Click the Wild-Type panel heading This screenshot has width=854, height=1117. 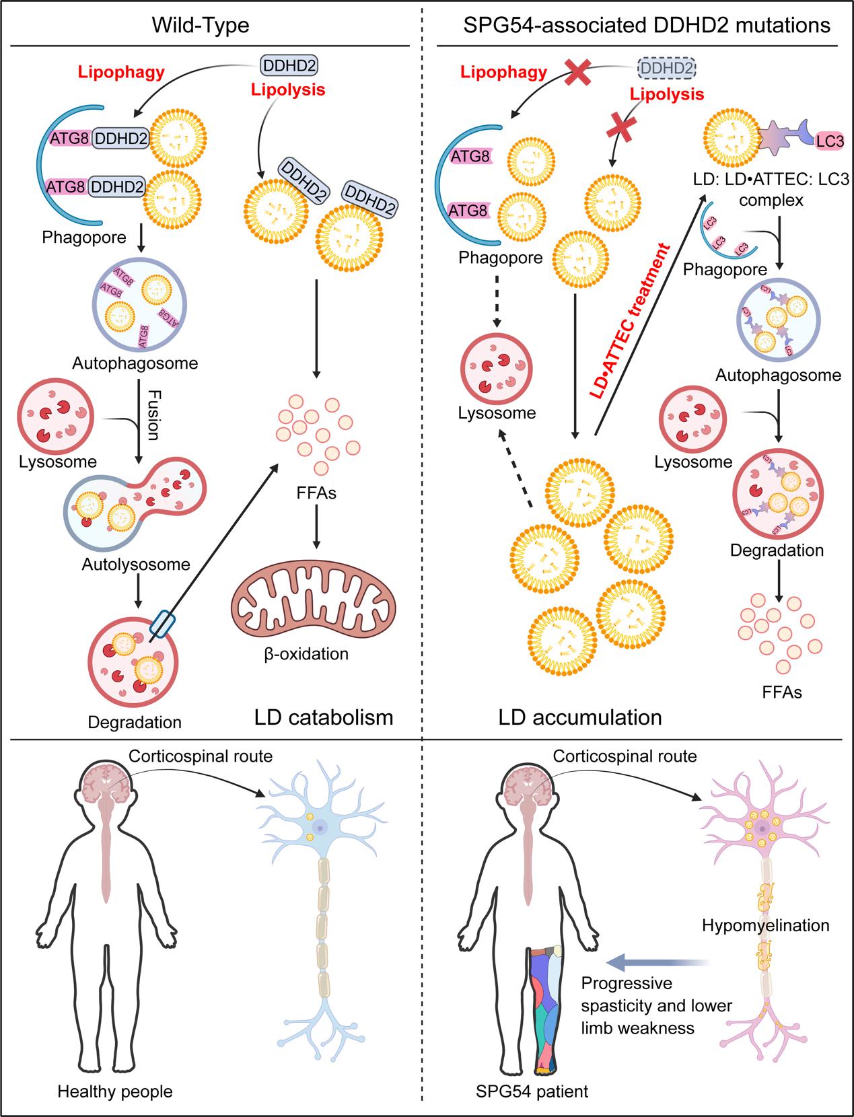click(201, 26)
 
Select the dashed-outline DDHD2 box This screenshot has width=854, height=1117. click(666, 69)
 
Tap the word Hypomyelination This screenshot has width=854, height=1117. click(765, 925)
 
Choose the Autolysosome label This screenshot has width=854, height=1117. click(136, 564)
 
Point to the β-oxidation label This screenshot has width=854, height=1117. click(306, 653)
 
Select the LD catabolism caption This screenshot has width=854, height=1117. click(324, 717)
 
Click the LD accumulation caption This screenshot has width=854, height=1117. click(580, 717)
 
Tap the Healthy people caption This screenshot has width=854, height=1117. click(115, 1091)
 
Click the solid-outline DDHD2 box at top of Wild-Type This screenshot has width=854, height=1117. click(289, 65)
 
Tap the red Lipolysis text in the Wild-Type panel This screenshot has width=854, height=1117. click(287, 89)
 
